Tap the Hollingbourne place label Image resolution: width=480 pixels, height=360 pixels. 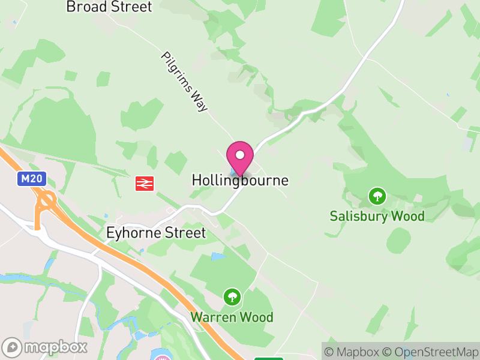[240, 180]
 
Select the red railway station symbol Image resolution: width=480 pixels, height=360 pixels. [145, 183]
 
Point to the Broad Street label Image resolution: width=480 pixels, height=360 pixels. [109, 7]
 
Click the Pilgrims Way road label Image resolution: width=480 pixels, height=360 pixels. [184, 82]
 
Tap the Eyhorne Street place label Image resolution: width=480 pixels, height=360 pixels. [155, 233]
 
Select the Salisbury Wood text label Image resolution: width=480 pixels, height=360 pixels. [377, 216]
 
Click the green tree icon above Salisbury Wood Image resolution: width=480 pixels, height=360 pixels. [377, 196]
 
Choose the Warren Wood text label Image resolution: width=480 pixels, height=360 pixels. [232, 317]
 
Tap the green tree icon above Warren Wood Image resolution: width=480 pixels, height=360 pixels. [232, 296]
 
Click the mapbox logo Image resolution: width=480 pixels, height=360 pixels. [46, 347]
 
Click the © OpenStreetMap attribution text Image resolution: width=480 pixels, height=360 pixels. [431, 352]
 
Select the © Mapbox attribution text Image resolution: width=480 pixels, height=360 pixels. [354, 352]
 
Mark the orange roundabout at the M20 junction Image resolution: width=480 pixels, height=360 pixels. [46, 200]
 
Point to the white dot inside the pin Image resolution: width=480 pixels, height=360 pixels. [240, 155]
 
